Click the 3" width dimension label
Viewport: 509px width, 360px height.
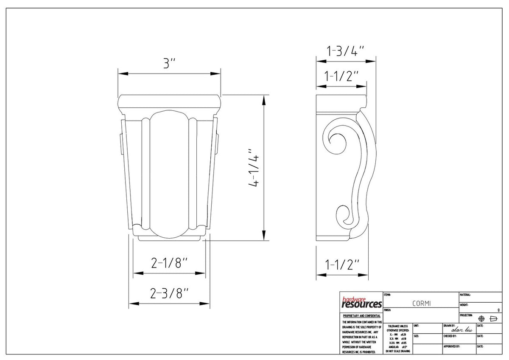(x=170, y=64)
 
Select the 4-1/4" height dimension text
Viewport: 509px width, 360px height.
(x=254, y=168)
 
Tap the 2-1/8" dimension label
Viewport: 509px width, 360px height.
(x=169, y=264)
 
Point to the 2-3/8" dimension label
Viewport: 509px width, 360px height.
(x=170, y=293)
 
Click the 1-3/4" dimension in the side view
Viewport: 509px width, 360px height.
(x=346, y=51)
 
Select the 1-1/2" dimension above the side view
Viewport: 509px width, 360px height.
(x=342, y=76)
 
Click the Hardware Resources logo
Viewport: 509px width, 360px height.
(x=361, y=302)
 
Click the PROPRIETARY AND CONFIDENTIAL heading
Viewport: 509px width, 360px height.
(x=361, y=316)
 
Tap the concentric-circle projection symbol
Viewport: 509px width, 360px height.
(x=481, y=318)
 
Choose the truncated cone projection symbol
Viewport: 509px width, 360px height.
(x=493, y=318)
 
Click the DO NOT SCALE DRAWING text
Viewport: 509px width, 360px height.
(x=398, y=352)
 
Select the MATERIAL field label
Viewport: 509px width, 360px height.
(x=465, y=295)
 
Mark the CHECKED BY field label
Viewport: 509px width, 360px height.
(x=450, y=336)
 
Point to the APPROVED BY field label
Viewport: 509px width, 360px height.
(x=451, y=346)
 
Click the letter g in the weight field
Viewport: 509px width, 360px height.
(x=498, y=310)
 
